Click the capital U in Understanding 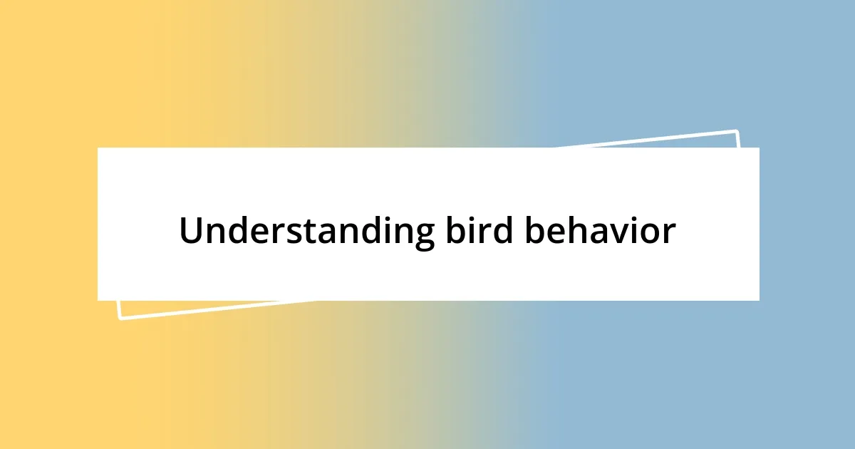point(191,231)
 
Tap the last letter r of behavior point(668,233)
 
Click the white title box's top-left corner point(98,148)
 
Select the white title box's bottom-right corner point(758,299)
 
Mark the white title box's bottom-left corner point(98,299)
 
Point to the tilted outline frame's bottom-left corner point(120,318)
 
